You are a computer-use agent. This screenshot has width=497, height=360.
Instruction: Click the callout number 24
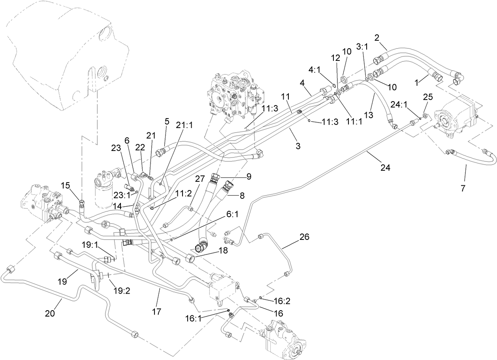click(x=385, y=168)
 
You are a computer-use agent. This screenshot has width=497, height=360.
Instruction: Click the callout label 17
click(x=156, y=312)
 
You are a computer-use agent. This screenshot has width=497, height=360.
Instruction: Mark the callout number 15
click(x=65, y=185)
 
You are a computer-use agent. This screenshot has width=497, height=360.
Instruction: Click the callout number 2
click(x=377, y=38)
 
